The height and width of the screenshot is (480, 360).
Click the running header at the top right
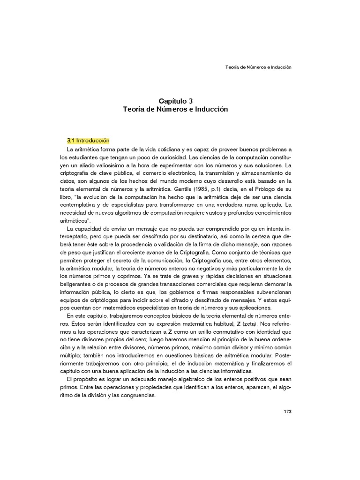click(259, 67)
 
